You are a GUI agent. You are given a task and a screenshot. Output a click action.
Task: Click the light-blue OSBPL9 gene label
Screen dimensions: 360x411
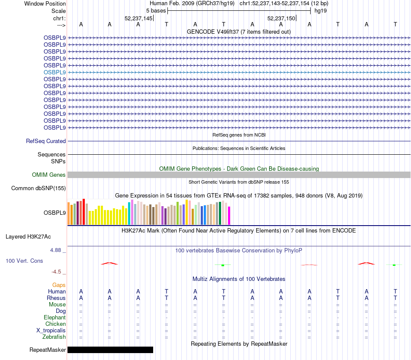(x=55, y=72)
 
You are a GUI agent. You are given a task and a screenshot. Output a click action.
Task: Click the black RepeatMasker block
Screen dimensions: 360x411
(x=110, y=350)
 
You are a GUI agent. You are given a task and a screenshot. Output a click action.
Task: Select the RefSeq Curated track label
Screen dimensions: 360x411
(x=46, y=141)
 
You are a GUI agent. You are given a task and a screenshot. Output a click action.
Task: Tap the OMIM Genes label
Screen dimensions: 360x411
(x=49, y=175)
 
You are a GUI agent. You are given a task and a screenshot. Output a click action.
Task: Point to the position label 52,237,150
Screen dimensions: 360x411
(x=281, y=19)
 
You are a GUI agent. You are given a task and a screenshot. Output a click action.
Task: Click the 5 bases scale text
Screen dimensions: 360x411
(x=156, y=10)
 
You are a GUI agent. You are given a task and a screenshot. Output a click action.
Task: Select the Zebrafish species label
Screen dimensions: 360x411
(x=55, y=337)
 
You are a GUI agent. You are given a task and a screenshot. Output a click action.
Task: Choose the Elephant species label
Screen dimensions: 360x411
(x=55, y=317)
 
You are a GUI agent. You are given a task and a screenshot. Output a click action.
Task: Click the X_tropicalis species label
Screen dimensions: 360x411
(x=51, y=330)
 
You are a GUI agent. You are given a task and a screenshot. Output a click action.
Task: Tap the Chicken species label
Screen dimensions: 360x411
(x=56, y=324)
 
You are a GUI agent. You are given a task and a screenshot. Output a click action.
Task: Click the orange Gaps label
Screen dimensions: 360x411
(x=59, y=285)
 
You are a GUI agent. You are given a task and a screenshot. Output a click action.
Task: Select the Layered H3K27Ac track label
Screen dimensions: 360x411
(x=28, y=236)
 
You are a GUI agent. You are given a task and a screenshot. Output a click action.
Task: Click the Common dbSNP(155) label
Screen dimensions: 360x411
(x=39, y=188)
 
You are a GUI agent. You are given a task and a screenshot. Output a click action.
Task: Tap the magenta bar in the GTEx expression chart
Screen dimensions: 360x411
(x=229, y=216)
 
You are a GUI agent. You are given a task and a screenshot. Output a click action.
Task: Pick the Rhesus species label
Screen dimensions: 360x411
(x=56, y=298)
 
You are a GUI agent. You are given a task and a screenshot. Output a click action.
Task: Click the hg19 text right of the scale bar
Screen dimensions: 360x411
(x=321, y=10)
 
